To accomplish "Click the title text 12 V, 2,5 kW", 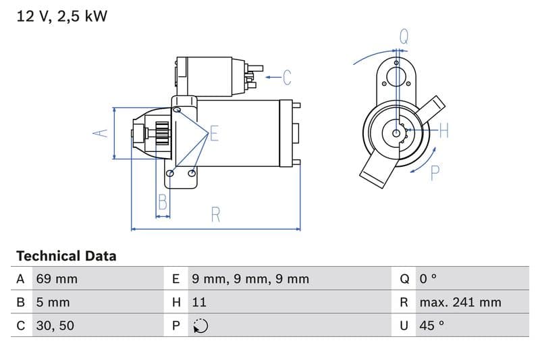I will [x=61, y=16].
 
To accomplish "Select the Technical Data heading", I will [x=66, y=256].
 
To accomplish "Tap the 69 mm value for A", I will [x=57, y=279].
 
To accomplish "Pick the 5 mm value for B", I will [x=53, y=302].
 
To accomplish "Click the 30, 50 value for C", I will [x=55, y=326].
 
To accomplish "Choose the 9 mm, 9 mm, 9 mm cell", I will [x=250, y=279].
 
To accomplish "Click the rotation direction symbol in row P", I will [x=200, y=326].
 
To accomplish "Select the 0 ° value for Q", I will [x=428, y=279].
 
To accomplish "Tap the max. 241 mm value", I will [x=460, y=302].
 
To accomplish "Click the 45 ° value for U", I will [x=431, y=326].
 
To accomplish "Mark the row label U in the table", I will [x=404, y=326].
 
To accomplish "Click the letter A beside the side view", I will [x=100, y=133].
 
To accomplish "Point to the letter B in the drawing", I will [x=162, y=201].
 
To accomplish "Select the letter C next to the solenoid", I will [x=287, y=78].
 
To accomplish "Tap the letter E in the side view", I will [x=214, y=133].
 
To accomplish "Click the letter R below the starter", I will [x=215, y=215].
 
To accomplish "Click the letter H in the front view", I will [x=443, y=131].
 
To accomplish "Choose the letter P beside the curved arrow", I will [x=435, y=173].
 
